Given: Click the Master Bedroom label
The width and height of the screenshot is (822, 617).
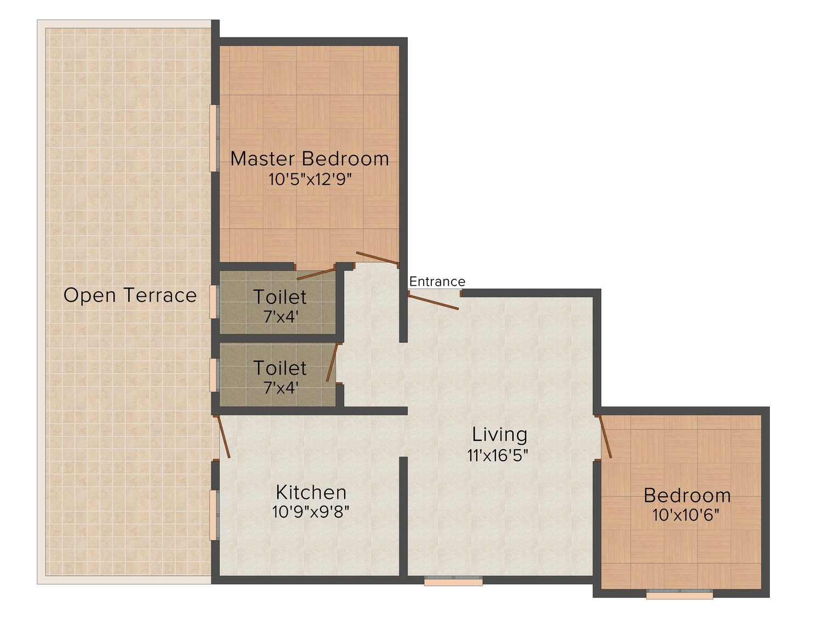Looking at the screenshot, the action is [309, 159].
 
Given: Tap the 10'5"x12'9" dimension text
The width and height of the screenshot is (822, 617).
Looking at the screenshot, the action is [310, 179].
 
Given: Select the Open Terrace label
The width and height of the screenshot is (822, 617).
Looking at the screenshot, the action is [130, 295].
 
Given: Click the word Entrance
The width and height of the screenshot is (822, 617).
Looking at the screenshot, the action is [437, 281].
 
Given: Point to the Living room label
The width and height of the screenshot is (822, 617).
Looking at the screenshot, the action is [500, 434].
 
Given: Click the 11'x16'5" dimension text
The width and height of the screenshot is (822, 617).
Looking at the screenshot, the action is [498, 455].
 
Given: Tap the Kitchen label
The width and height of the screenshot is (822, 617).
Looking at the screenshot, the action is [311, 493].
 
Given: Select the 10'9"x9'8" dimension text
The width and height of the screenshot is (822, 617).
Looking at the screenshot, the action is [311, 511].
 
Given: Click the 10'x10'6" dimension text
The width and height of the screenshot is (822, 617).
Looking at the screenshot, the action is [686, 515].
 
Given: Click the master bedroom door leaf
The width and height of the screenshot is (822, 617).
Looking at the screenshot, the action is [377, 258].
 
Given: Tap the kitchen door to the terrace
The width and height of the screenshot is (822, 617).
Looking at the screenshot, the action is [224, 437].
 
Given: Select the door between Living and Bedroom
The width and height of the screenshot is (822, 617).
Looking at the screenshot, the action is [605, 437].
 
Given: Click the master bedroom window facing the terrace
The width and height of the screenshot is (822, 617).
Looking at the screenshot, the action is [214, 138].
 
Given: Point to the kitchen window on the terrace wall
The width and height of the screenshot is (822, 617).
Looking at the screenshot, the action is [214, 515].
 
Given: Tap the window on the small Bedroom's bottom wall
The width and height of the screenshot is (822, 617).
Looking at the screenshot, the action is [680, 595].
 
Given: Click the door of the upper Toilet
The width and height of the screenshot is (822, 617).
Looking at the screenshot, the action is [315, 274].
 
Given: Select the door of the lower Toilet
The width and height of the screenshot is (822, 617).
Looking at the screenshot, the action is [332, 363].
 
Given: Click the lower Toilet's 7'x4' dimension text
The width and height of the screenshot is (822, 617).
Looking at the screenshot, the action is [281, 388].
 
